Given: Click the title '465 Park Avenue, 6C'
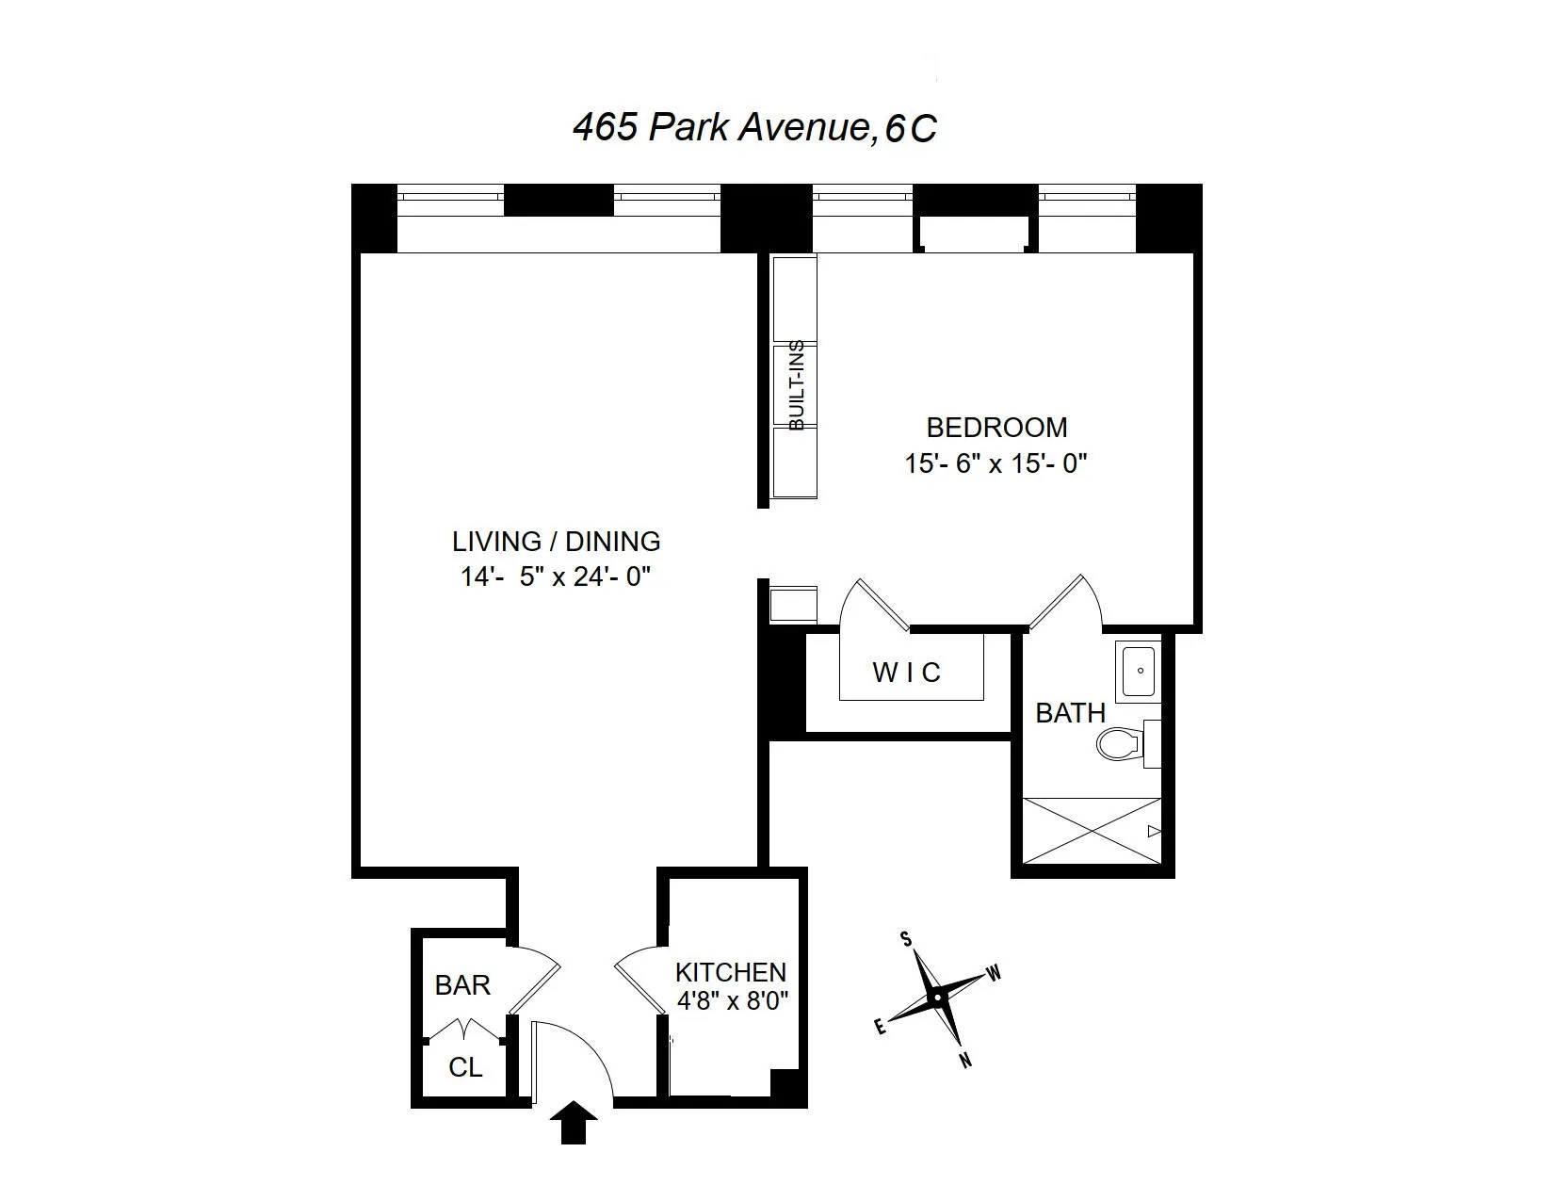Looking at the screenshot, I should [754, 127].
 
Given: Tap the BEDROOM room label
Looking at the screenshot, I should [996, 428].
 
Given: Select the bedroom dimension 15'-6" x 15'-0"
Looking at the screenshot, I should [996, 463].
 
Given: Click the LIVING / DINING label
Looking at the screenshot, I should [556, 542].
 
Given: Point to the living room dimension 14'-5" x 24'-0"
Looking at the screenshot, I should [556, 576].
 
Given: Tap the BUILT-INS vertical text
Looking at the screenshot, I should [797, 385].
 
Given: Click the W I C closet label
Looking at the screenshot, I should [906, 673].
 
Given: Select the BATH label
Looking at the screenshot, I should [1070, 713].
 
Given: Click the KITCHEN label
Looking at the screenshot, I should [730, 972].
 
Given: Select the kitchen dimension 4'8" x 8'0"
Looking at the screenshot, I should [732, 999].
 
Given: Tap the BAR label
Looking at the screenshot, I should [462, 985].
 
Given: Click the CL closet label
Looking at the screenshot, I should [465, 1067].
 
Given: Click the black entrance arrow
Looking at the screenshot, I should [574, 1124].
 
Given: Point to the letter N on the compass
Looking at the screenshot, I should [964, 1061].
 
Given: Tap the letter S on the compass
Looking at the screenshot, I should [906, 938].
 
